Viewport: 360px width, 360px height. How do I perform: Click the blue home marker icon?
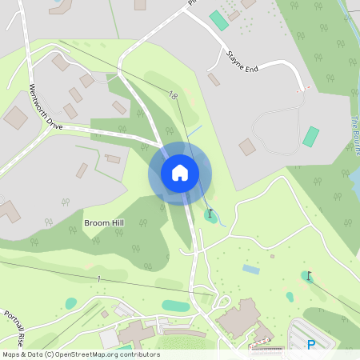pos(180,172)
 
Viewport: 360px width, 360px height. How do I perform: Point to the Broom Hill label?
pos(105,222)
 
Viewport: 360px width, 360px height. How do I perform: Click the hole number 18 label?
pos(174,95)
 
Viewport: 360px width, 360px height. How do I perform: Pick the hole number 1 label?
pos(99,278)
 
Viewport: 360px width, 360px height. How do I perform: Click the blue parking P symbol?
pos(310,345)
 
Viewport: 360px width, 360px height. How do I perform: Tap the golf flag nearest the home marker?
pos(210,214)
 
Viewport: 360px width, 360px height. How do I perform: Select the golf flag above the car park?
pos(309,276)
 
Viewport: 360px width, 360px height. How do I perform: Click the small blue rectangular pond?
pos(250,270)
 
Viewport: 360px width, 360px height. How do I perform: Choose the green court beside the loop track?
pos(310,137)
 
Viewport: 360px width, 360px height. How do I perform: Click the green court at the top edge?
pos(218,20)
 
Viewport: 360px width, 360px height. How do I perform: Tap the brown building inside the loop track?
pos(247,147)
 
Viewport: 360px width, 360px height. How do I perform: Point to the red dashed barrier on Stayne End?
pos(302,90)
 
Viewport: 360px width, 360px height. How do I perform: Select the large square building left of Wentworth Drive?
pos(15,118)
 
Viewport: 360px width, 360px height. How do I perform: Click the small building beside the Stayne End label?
pos(214,79)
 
